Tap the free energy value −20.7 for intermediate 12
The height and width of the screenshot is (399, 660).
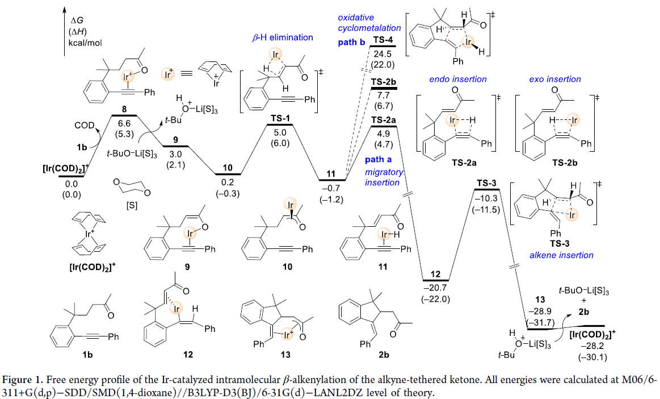436,290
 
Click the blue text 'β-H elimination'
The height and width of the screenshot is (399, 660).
283,38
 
